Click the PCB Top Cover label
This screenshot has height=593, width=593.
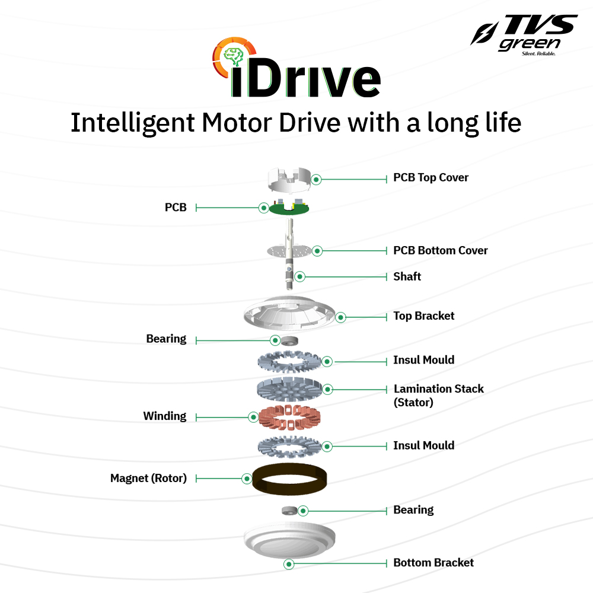(x=431, y=177)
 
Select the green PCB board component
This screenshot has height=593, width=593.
(x=290, y=209)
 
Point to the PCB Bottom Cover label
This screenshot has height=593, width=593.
(x=440, y=250)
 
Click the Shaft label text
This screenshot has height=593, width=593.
(x=407, y=276)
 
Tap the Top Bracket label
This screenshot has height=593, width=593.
(x=423, y=315)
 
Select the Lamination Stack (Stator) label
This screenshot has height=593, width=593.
(x=438, y=395)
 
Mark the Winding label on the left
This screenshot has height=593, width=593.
(x=164, y=416)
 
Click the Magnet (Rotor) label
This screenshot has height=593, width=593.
(x=148, y=478)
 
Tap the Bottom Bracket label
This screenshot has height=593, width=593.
(x=433, y=563)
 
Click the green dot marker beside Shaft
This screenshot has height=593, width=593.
(x=300, y=276)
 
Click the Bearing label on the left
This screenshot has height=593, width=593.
(x=166, y=339)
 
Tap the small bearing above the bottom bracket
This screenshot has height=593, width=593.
(x=288, y=511)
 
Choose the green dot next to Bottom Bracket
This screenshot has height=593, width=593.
(x=289, y=564)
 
